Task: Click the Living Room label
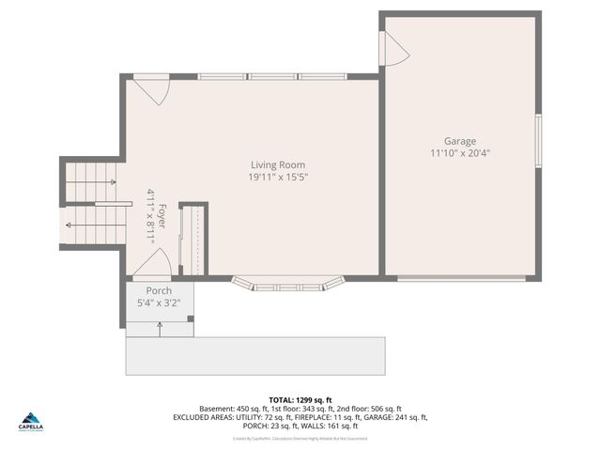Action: [x=277, y=164]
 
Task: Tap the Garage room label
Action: [x=460, y=141]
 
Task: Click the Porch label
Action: [x=159, y=291]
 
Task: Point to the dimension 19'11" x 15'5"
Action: [x=278, y=177]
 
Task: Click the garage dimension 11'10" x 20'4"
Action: [x=460, y=153]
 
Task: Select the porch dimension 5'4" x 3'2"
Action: [x=159, y=303]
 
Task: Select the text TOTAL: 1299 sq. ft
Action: [x=300, y=400]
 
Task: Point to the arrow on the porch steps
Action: [x=161, y=328]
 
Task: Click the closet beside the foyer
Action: [x=193, y=240]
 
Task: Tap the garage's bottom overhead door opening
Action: [x=460, y=278]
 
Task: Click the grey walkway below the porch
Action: [x=255, y=355]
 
